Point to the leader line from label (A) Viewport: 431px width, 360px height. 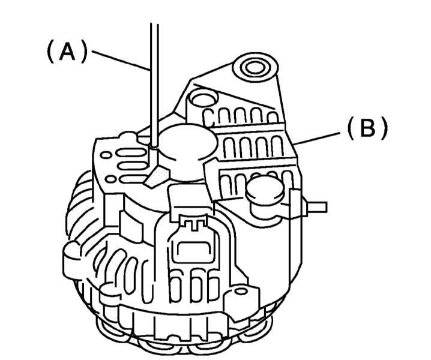click(120, 61)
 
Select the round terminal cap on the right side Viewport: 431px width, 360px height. click(264, 193)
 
